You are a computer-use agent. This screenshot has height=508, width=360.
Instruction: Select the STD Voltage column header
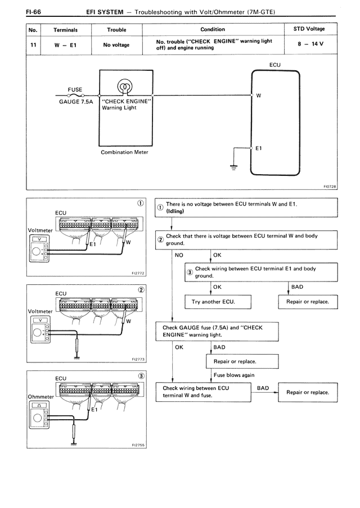click(309, 29)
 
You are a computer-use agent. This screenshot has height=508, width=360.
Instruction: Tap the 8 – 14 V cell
click(309, 44)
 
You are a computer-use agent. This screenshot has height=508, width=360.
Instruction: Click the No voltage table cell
click(116, 44)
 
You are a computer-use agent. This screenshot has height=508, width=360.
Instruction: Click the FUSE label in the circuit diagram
click(75, 89)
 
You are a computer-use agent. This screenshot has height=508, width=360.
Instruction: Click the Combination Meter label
click(124, 152)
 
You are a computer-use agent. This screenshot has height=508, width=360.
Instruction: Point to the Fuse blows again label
click(234, 375)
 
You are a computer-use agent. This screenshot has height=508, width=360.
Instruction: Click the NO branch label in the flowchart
click(179, 255)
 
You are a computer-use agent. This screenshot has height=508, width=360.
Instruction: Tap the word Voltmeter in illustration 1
click(40, 230)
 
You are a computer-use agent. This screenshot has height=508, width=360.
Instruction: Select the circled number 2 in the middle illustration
click(141, 289)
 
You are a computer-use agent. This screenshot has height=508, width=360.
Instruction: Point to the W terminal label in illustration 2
click(129, 321)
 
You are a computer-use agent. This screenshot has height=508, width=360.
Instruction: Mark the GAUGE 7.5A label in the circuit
click(75, 102)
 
